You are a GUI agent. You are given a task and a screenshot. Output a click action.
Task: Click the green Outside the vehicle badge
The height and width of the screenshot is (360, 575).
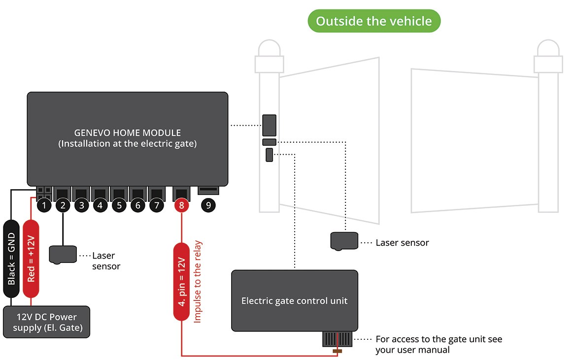tap(373, 21)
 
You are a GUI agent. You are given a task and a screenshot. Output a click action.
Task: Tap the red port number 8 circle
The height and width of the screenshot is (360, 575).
tap(181, 206)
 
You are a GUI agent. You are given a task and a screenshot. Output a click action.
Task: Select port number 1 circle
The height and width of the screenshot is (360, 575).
tap(44, 206)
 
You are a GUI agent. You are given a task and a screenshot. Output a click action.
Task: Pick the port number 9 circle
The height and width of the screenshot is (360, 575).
tap(208, 206)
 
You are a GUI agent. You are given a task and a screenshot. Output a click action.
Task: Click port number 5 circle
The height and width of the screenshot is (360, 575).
tap(119, 206)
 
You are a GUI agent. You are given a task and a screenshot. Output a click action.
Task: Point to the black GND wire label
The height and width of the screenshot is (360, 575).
tap(11, 259)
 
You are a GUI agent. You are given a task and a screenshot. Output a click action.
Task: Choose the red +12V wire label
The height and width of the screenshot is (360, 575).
tap(31, 259)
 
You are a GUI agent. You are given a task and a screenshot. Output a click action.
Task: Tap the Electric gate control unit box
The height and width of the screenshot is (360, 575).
tap(294, 300)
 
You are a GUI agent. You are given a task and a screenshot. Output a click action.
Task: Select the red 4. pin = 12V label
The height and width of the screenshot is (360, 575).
tap(181, 281)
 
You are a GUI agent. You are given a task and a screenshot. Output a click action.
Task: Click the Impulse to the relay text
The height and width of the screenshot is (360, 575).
tap(198, 282)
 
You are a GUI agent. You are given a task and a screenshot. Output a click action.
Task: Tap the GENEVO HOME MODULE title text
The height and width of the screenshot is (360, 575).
tap(127, 133)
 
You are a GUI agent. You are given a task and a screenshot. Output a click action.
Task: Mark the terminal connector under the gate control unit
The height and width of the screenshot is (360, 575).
tap(337, 340)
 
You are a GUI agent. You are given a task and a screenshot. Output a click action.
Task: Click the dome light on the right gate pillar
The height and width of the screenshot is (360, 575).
tap(547, 48)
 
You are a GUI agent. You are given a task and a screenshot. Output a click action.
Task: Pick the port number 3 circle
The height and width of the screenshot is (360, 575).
tap(81, 206)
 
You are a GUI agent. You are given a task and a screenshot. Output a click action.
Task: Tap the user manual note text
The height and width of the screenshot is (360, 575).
tap(439, 344)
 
